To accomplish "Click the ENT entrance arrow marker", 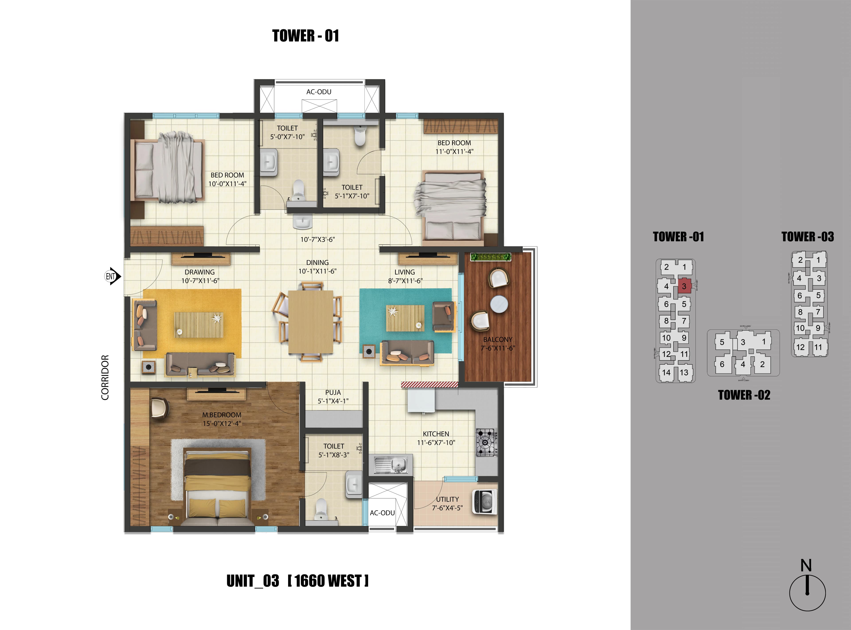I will (x=112, y=276).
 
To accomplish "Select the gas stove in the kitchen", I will (x=486, y=442).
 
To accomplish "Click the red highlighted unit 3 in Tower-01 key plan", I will (x=684, y=286).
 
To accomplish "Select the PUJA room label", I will (x=333, y=392).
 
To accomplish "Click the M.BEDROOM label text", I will (x=222, y=415).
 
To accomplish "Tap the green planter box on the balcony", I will (x=491, y=257).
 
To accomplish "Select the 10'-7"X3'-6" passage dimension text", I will (x=317, y=240).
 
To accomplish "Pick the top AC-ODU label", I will (x=319, y=92).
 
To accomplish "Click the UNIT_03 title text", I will (x=252, y=581).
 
